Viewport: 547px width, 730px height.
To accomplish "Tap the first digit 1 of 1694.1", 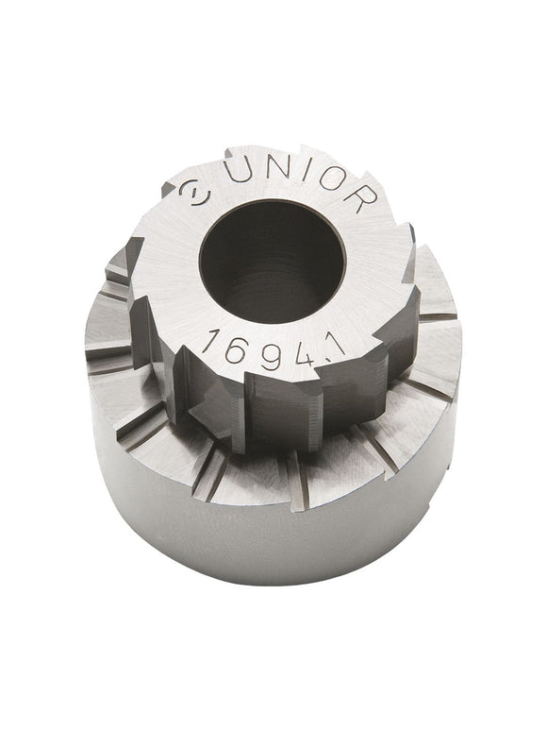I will (210, 336).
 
